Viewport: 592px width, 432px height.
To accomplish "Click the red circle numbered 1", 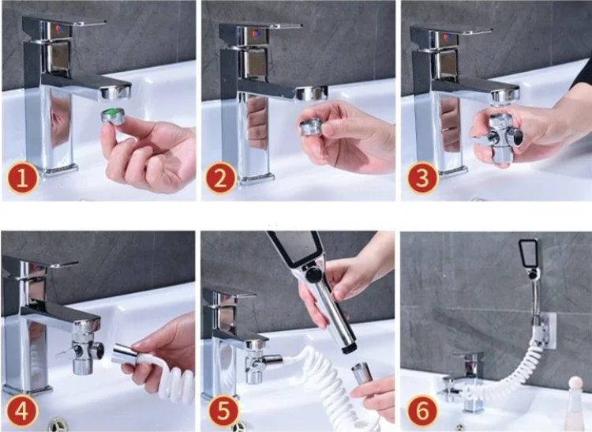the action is click(22, 178).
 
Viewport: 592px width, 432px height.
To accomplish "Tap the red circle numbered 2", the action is click(221, 178).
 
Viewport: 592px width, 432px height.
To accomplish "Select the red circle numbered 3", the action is click(422, 178).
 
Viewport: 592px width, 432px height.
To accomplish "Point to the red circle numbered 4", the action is click(21, 410).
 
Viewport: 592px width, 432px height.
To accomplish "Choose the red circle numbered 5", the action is click(223, 410).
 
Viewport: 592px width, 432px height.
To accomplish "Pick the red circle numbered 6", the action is click(422, 410).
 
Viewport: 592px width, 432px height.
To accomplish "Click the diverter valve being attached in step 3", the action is click(496, 136).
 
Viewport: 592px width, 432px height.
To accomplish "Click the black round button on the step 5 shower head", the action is click(313, 275).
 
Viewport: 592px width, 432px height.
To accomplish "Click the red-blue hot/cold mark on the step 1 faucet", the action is click(59, 28).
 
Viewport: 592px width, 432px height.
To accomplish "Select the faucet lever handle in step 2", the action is click(260, 25).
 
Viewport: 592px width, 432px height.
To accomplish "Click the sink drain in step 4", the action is click(58, 424).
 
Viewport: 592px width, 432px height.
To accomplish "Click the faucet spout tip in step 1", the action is click(115, 92).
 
